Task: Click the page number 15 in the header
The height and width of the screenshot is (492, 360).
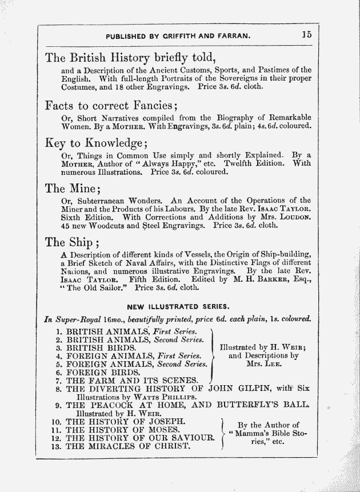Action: coord(307,34)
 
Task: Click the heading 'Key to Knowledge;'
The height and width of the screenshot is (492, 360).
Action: coord(97,143)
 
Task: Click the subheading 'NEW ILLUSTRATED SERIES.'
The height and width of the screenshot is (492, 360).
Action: coord(178,306)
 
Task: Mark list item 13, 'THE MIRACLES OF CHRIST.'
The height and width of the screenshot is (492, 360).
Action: coord(128,446)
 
